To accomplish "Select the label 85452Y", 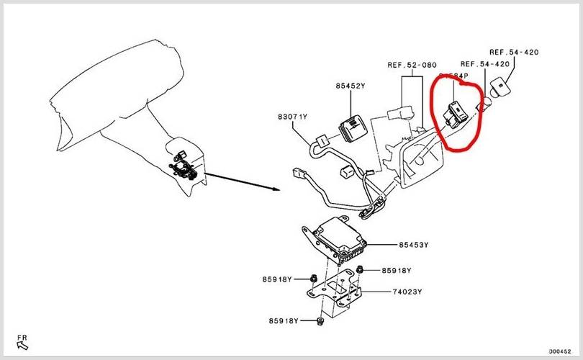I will click(x=350, y=86).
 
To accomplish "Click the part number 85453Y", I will click(x=413, y=246).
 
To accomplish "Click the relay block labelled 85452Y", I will click(x=355, y=127).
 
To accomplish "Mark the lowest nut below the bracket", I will click(x=320, y=322).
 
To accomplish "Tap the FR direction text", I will click(x=22, y=337).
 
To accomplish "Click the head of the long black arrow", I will click(x=276, y=189).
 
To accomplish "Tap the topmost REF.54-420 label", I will click(x=514, y=53).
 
